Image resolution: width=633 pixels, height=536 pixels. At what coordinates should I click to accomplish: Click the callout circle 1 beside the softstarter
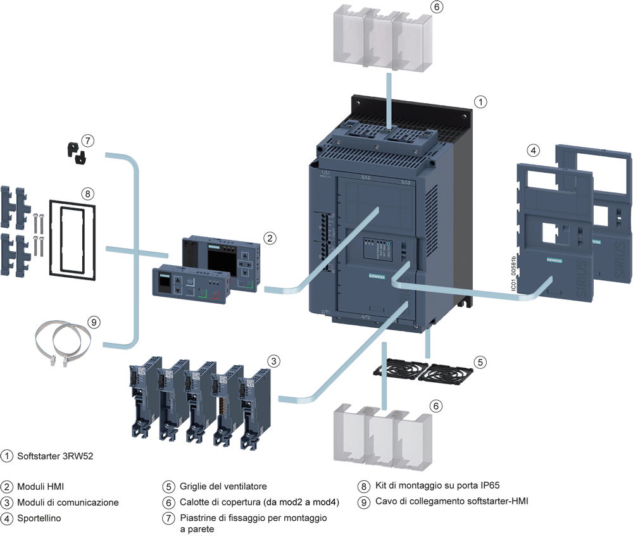click(480, 101)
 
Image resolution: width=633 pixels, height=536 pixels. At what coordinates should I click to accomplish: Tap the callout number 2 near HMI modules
click(270, 239)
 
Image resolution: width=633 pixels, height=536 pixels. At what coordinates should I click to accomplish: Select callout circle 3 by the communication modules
click(273, 361)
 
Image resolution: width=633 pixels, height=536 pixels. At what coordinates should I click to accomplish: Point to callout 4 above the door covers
click(534, 150)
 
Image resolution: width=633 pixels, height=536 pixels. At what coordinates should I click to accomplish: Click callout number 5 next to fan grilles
click(480, 362)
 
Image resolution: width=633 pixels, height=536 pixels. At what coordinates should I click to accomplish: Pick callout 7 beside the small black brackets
click(87, 140)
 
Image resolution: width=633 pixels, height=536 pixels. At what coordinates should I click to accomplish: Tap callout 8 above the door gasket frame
click(87, 193)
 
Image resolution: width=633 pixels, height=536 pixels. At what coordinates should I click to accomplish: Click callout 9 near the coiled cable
click(93, 323)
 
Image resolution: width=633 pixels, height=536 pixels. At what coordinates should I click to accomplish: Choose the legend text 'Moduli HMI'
click(41, 487)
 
